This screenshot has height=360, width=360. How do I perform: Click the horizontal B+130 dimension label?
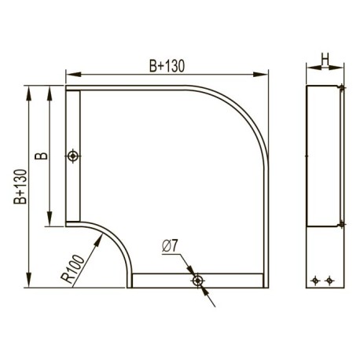click(x=167, y=66)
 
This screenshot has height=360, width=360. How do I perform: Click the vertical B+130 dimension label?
click(x=20, y=186)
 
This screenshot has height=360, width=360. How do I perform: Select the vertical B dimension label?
click(x=42, y=156)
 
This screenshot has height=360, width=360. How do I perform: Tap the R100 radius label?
click(x=73, y=269)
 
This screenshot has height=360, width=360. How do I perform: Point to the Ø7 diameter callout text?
click(x=170, y=246)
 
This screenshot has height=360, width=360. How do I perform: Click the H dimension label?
click(x=325, y=59)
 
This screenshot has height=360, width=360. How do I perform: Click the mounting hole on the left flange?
click(x=73, y=156)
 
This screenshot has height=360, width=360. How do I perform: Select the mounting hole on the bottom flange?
click(x=198, y=281)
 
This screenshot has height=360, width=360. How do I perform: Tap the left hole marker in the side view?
click(x=315, y=281)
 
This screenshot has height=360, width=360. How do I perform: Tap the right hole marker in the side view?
click(x=329, y=281)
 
